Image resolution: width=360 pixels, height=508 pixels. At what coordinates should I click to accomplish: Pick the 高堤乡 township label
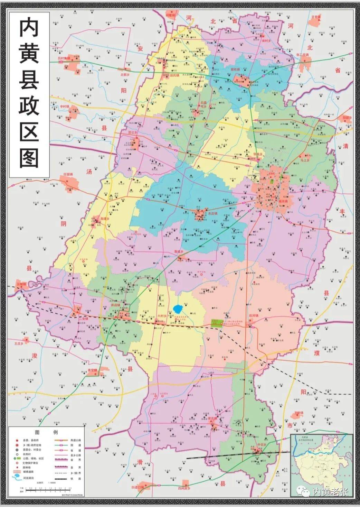[x=105, y=219]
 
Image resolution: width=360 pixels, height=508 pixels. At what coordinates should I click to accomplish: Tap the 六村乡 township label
[x=162, y=316]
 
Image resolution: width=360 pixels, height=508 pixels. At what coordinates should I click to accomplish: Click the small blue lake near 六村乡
[x=177, y=308]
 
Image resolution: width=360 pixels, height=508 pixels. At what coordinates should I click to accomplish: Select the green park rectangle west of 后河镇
[x=217, y=323]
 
